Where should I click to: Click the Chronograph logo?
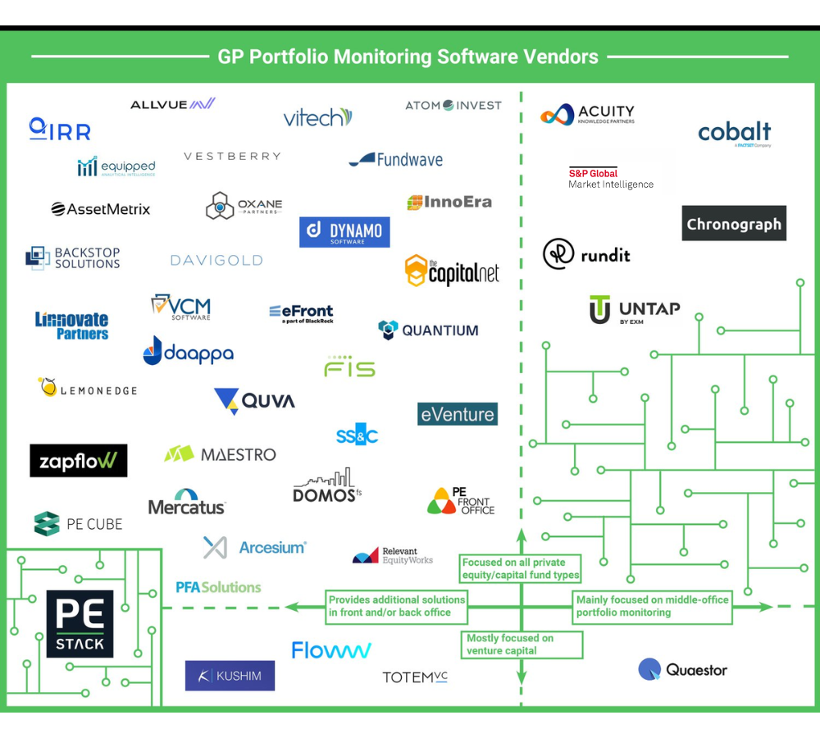click(734, 224)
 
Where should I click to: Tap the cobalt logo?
click(734, 133)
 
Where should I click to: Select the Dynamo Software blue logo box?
click(344, 232)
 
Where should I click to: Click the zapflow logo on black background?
click(79, 461)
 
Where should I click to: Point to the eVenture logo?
click(458, 414)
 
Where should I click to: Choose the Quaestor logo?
click(683, 670)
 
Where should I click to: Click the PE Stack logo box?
click(80, 624)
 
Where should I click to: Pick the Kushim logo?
click(230, 676)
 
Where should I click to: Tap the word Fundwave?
click(409, 160)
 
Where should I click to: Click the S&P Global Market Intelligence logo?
click(611, 178)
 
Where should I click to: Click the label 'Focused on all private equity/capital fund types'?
click(521, 568)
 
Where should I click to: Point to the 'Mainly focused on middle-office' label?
click(652, 606)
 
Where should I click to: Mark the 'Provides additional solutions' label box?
click(397, 606)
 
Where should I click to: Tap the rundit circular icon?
click(558, 254)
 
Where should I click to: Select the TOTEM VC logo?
click(415, 677)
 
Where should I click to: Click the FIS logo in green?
click(349, 367)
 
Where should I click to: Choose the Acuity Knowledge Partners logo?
click(587, 115)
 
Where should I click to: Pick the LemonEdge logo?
click(87, 389)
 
